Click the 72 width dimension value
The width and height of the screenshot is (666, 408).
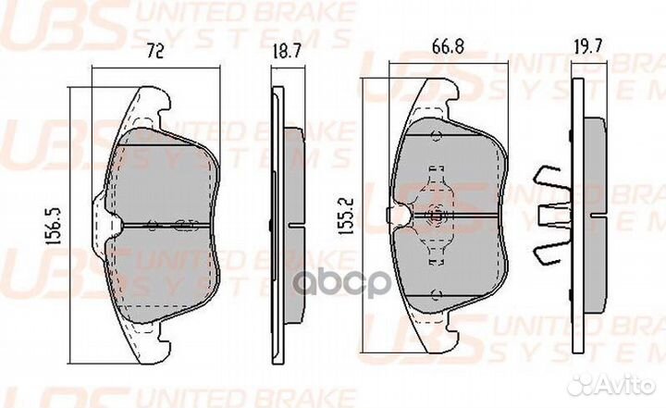pyautogui.click(x=155, y=54)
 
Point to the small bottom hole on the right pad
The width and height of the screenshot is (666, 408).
pyautogui.click(x=434, y=296)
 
